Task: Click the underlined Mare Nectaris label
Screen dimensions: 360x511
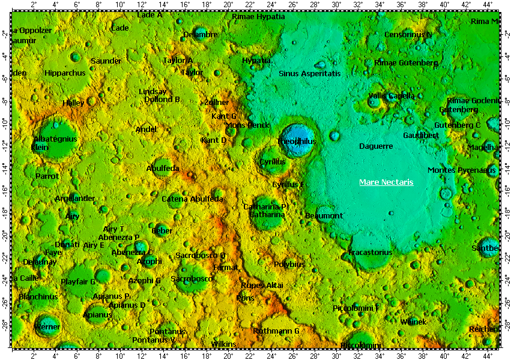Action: coord(386,182)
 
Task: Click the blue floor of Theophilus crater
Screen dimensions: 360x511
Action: coord(298,133)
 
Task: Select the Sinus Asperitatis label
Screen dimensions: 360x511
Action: coord(309,73)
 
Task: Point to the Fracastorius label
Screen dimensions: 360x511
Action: coord(370,253)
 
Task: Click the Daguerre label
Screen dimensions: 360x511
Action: coord(376,146)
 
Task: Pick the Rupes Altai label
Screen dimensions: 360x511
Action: coord(262,285)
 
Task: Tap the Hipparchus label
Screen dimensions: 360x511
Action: coord(65,73)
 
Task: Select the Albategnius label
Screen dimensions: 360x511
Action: coord(55,139)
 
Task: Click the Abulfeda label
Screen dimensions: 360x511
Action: coord(163,169)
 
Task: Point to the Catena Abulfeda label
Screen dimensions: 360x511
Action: coord(192,199)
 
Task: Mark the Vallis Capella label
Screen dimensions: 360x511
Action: coord(392,95)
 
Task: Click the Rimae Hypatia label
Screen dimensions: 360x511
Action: coord(258,16)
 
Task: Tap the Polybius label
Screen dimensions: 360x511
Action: coord(289,264)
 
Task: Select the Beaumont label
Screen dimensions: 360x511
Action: coord(324,215)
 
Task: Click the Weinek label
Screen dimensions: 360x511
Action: coord(413,322)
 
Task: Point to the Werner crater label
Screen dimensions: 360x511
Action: coord(47,327)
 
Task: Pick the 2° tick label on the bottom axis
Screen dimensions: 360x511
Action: coord(34,355)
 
